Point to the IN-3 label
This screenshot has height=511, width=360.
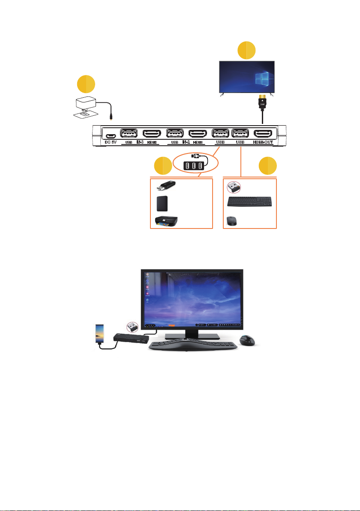(x=139, y=142)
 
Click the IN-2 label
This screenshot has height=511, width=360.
(x=186, y=142)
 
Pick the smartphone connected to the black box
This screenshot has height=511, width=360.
(x=99, y=333)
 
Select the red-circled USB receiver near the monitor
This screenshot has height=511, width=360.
(x=132, y=327)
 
